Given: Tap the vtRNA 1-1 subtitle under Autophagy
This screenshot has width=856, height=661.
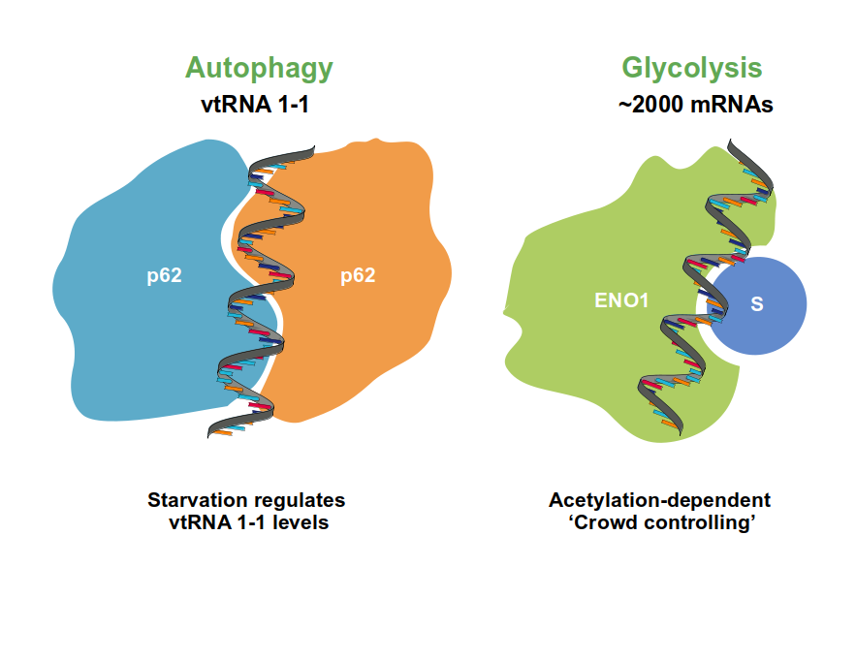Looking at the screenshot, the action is pos(255,105).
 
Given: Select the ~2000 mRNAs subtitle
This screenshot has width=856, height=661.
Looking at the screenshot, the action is pos(695,105).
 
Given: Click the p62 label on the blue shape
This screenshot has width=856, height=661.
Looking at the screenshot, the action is pos(165,275).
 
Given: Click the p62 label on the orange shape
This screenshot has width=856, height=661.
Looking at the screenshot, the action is pos(358,275).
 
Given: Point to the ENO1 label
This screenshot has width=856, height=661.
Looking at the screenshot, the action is pos(621,300).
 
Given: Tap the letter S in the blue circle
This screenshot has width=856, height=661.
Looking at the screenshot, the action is pos(757,303).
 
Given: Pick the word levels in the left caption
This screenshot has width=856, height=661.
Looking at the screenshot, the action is pos(301,522).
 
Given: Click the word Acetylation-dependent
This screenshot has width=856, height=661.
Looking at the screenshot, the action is pos(659,500).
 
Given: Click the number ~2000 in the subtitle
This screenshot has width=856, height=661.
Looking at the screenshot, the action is pos(651,105).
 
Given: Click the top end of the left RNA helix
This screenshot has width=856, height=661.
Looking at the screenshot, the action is pos(314,148).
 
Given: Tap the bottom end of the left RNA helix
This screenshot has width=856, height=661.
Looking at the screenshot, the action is pos(209,434).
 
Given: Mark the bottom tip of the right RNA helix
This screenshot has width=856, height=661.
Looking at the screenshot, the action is pos(681,434).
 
